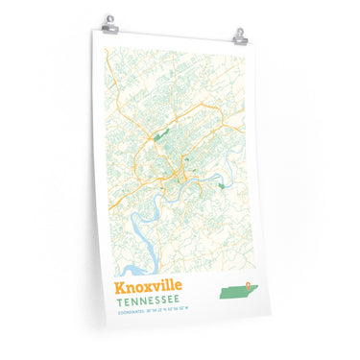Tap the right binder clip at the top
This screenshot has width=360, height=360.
click(239, 36)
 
